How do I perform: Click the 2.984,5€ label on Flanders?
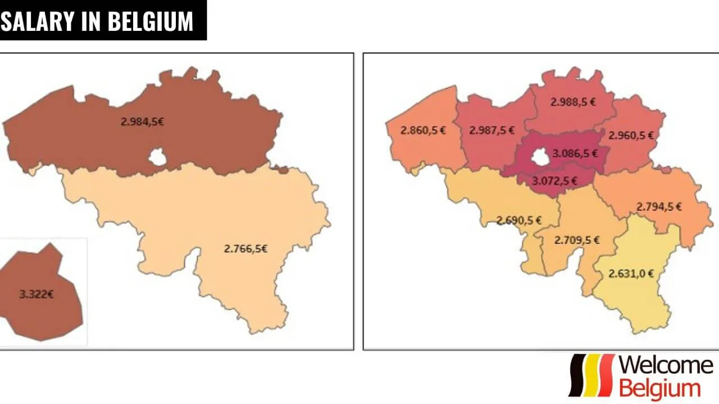coord(142,121)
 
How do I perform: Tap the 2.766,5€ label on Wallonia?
coord(245,249)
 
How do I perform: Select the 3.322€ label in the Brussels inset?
coord(37,294)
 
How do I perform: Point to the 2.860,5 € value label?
coord(423,130)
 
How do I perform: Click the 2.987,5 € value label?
coord(492,130)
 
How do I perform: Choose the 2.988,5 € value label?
coord(573,102)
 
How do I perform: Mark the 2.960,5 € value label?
coord(631,135)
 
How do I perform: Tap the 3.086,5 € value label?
coord(575,153)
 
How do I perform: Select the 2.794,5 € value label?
coord(659,206)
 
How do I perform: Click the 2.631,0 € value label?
coord(631,274)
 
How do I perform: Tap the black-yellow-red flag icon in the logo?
coord(592,375)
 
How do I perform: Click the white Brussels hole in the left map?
coord(158,158)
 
